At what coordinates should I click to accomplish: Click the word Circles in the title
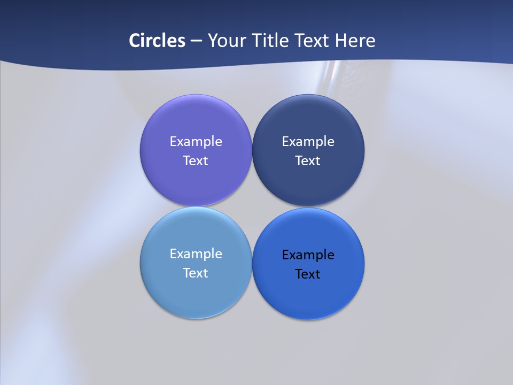click(x=157, y=41)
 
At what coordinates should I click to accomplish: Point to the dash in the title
click(x=196, y=41)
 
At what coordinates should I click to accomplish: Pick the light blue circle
click(x=196, y=291)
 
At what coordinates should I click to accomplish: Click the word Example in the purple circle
click(x=196, y=142)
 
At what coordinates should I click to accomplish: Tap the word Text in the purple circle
click(x=196, y=160)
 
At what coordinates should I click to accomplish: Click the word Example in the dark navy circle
click(x=308, y=142)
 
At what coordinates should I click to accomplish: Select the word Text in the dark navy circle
click(x=308, y=160)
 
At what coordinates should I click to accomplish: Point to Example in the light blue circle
click(x=196, y=254)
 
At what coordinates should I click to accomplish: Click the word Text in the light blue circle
click(x=196, y=273)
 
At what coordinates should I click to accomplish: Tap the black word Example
click(x=308, y=255)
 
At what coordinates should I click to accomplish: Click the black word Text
click(x=308, y=274)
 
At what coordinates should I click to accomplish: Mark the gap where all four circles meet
click(x=252, y=206)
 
